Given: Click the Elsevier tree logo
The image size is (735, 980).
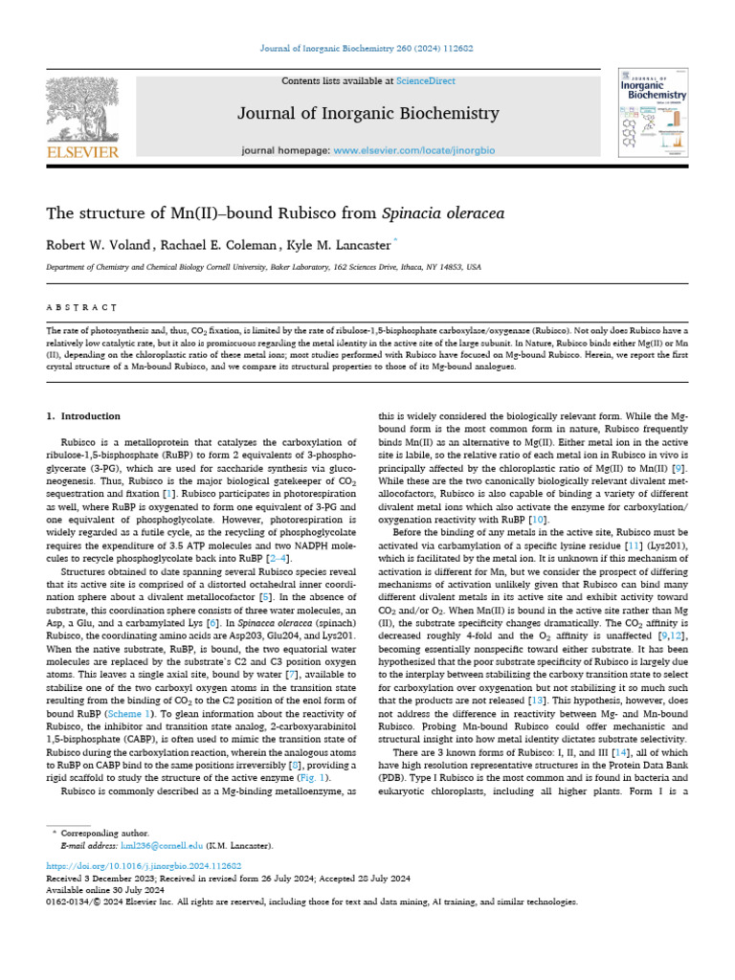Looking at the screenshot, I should pyautogui.click(x=81, y=109).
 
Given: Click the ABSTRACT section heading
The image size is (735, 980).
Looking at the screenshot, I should pyautogui.click(x=82, y=308).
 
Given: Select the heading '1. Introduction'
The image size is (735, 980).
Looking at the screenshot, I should pyautogui.click(x=84, y=416).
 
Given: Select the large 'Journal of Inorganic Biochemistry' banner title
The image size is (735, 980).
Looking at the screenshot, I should pyautogui.click(x=367, y=114).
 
